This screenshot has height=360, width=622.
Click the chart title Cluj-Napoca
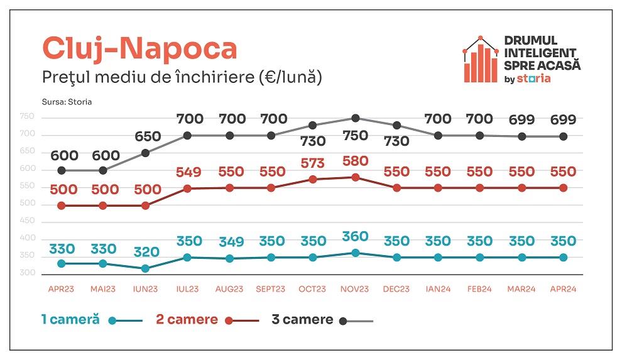139,49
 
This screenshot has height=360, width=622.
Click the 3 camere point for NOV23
355,118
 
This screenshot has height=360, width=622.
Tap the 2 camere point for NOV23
355,177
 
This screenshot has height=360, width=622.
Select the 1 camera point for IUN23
146,268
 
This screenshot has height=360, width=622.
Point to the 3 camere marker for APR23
62,170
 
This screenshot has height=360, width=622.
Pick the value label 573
313,163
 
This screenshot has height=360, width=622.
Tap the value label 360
355,236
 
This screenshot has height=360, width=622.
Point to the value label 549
188,172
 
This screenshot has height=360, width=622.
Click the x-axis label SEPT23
271,289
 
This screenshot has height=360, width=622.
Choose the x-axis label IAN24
438,289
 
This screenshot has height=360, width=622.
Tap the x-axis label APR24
563,289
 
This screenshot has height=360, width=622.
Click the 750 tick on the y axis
27,117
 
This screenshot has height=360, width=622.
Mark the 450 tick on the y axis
27,221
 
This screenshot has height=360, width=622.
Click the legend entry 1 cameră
70,319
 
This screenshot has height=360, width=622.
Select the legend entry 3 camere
302,319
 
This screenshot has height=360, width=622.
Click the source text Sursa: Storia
67,101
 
